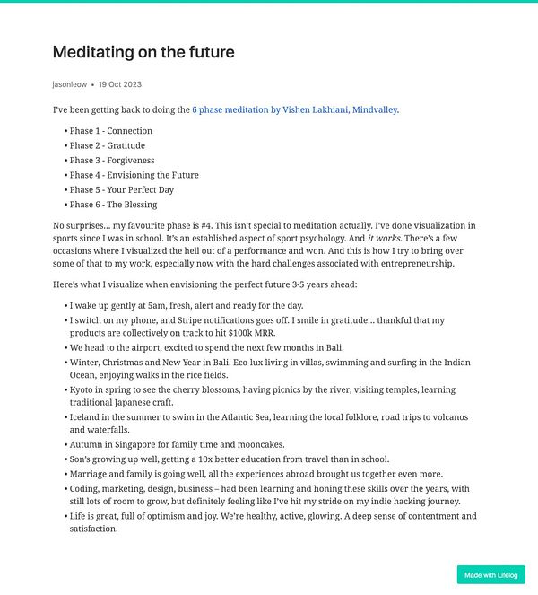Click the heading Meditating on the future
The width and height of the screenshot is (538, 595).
(x=143, y=52)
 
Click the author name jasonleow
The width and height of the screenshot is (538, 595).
(x=70, y=84)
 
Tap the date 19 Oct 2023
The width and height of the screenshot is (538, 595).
(x=120, y=84)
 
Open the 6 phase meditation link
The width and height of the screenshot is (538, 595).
(x=294, y=110)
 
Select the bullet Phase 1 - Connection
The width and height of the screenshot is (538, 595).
(x=110, y=131)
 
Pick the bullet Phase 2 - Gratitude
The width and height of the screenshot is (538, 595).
(x=107, y=145)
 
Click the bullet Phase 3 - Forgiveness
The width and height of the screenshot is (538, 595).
(x=112, y=161)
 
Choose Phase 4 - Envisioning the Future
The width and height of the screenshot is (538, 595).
(x=134, y=175)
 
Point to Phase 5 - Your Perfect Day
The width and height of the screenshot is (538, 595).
(x=121, y=190)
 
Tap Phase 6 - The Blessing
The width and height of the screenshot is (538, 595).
(x=113, y=205)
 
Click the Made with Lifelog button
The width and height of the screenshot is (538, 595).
(x=490, y=575)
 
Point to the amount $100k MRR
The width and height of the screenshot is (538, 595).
(x=256, y=333)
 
